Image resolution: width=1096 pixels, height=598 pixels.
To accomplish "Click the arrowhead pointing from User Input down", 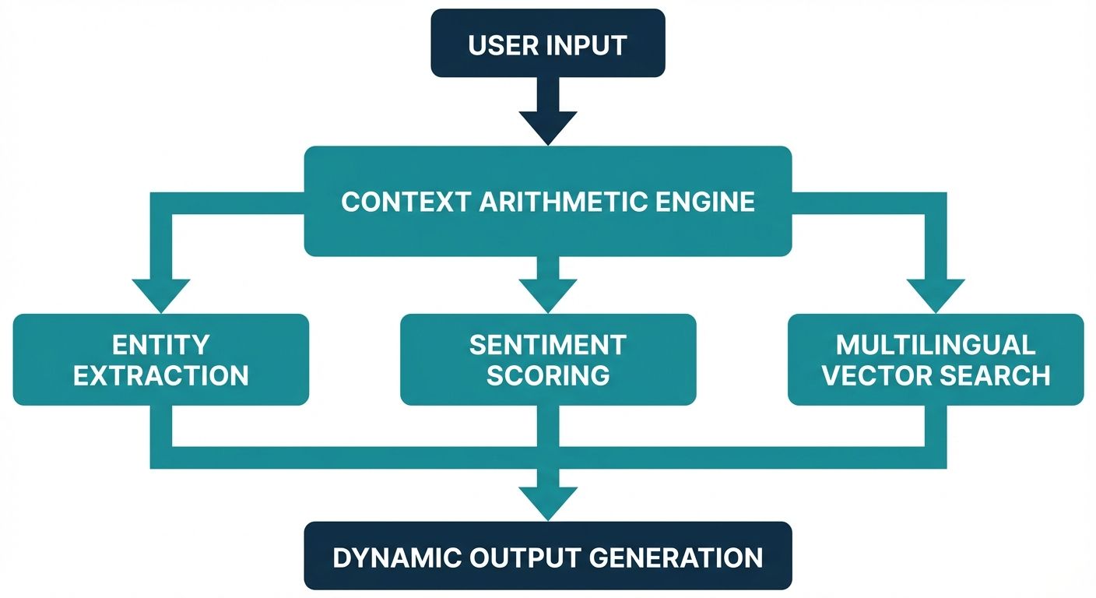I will pyautogui.click(x=548, y=127).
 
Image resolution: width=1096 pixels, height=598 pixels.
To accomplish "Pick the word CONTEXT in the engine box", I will pyautogui.click(x=405, y=202).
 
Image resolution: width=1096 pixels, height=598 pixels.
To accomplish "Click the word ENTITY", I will pyautogui.click(x=161, y=344).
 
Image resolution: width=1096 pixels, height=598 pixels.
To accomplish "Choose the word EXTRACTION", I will pyautogui.click(x=161, y=375).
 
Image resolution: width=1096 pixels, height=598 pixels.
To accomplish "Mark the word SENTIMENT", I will pyautogui.click(x=548, y=344).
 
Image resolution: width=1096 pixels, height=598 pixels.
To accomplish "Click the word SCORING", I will pyautogui.click(x=548, y=375).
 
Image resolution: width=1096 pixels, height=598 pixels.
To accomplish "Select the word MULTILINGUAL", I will pyautogui.click(x=936, y=344).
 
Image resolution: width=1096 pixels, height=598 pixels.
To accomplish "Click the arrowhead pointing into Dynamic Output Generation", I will pyautogui.click(x=548, y=502).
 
